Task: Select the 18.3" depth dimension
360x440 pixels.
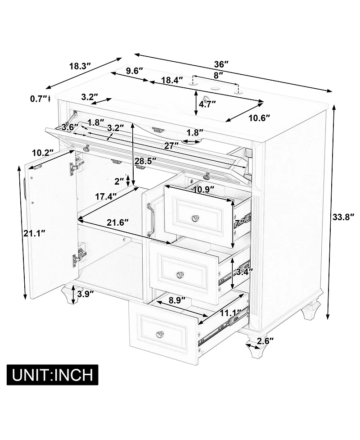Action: (80, 66)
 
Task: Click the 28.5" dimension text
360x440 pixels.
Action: (145, 161)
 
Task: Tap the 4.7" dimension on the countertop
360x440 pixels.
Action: (207, 104)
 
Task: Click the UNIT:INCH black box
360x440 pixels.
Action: (52, 374)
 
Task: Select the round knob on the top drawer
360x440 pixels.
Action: (195, 218)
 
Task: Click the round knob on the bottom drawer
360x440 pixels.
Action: (160, 334)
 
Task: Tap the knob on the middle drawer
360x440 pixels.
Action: (180, 274)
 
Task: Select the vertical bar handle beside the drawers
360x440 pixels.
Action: (151, 220)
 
